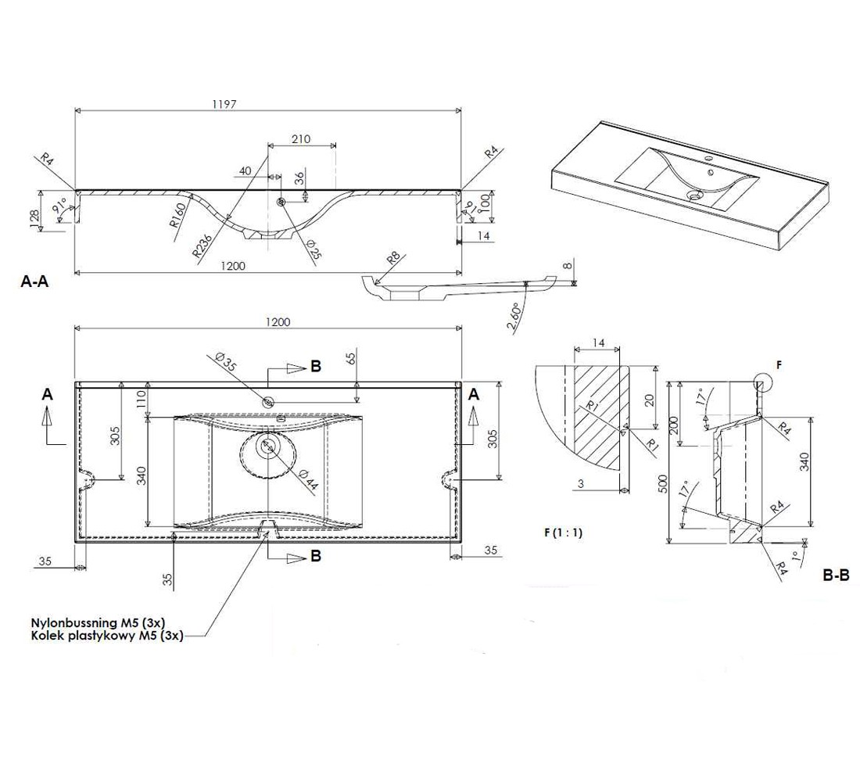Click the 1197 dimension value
pyautogui.click(x=225, y=104)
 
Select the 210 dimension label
pyautogui.click(x=300, y=139)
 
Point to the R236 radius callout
pyautogui.click(x=202, y=244)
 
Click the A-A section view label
pyautogui.click(x=34, y=282)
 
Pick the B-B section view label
pyautogui.click(x=836, y=575)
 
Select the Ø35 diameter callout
pyautogui.click(x=226, y=362)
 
